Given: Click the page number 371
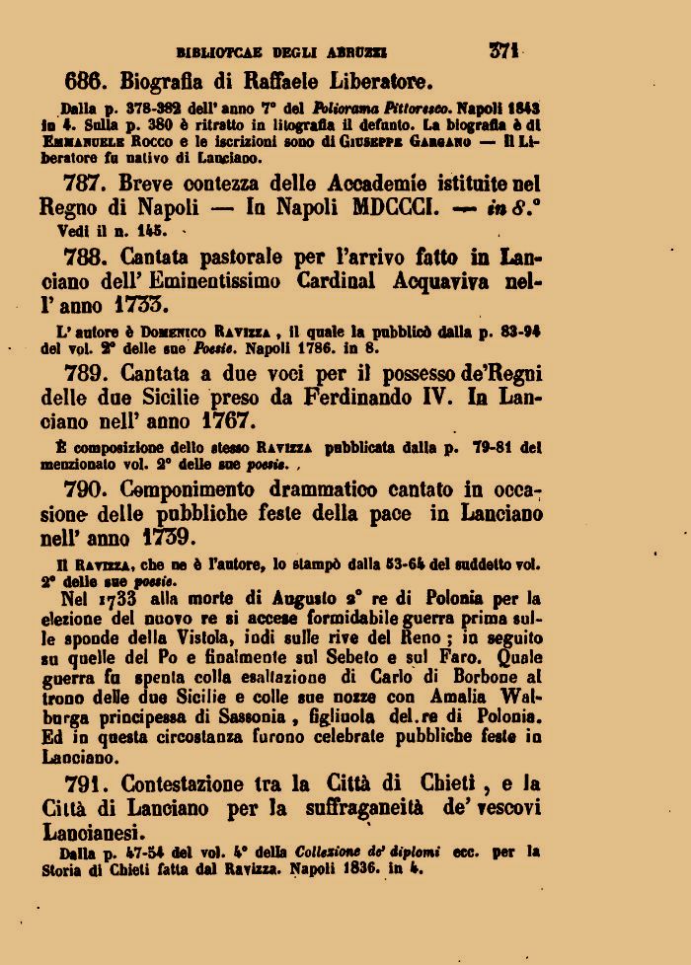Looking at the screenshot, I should (506, 50).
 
